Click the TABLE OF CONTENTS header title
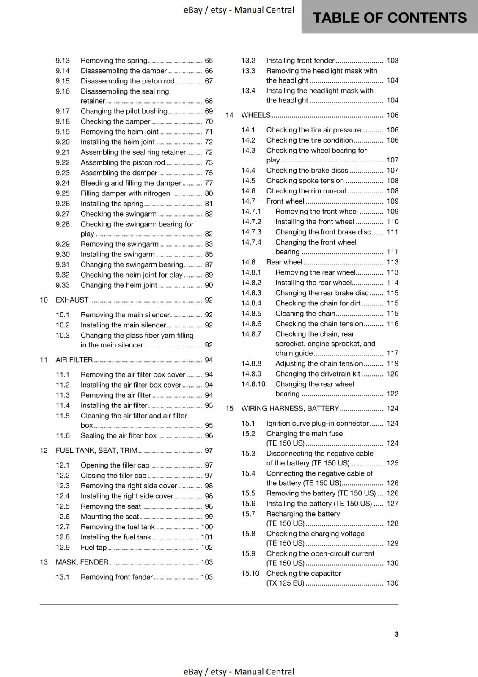pos(389,18)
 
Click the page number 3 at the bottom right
pos(396,634)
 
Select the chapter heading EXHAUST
pos(72,300)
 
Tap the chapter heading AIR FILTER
pos(74,360)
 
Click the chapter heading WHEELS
pos(256,115)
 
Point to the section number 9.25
pos(63,193)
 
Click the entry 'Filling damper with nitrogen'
pos(125,193)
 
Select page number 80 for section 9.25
pos(209,193)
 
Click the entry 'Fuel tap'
pos(93,548)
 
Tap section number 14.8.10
pos(253,384)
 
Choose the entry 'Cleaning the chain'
pos(305,314)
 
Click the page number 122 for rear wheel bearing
pos(392,394)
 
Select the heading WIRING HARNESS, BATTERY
pos(290,409)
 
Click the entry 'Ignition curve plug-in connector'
pos(317,424)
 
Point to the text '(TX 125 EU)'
pos(285,583)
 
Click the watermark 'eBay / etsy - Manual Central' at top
pos(239,10)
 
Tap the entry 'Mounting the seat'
pos(110,517)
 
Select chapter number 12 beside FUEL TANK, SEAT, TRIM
pos(44,451)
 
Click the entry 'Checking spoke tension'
pos(305,181)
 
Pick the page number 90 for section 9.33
pos(209,285)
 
